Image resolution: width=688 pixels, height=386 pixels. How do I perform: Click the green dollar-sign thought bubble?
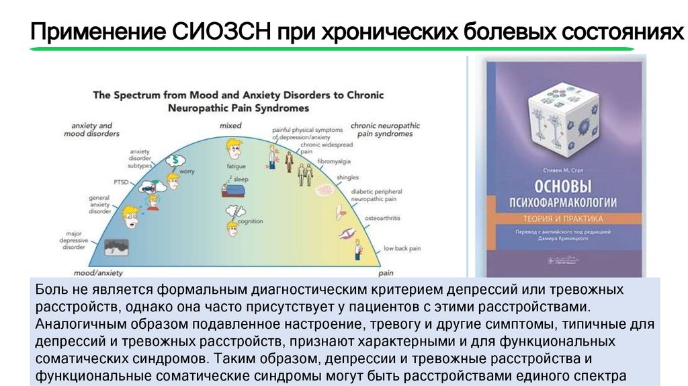(176, 160)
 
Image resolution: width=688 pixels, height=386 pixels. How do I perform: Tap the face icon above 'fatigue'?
(234, 147)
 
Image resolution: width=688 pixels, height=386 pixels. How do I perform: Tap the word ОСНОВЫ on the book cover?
(563, 186)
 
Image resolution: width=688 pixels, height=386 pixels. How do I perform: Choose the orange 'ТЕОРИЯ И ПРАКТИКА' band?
(563, 219)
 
